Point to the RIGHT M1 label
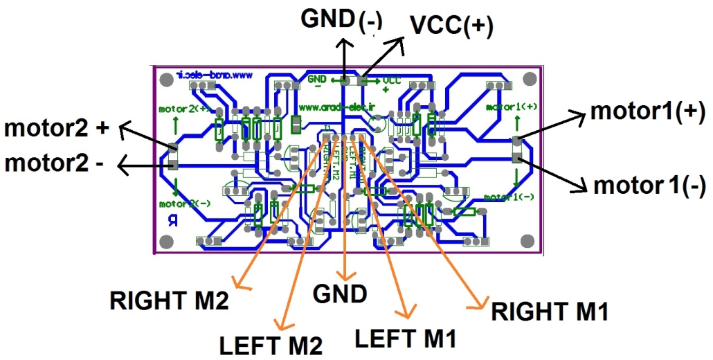click(550, 312)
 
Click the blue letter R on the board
click(172, 221)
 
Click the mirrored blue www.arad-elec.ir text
click(213, 74)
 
